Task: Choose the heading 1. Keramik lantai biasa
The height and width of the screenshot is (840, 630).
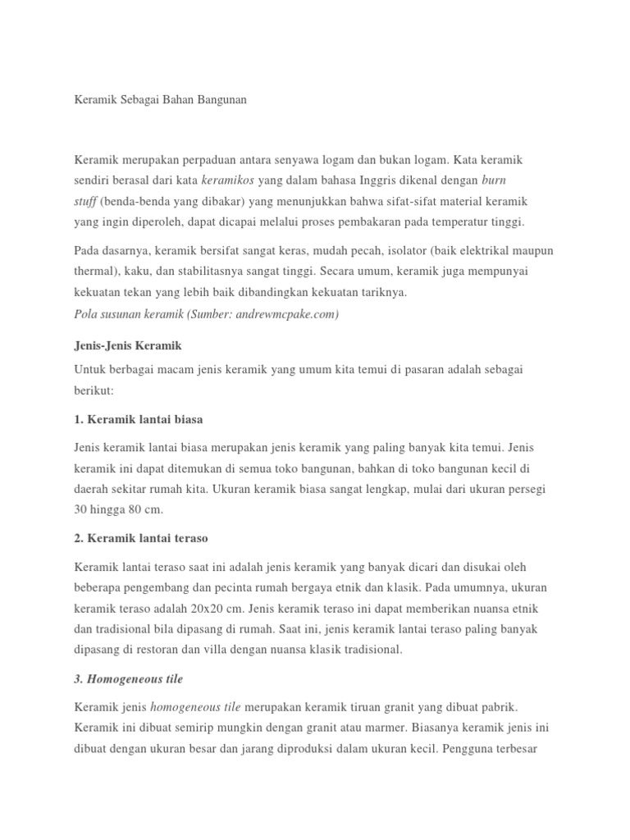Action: pyautogui.click(x=138, y=419)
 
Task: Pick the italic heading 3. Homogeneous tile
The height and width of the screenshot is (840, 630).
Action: pyautogui.click(x=128, y=678)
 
